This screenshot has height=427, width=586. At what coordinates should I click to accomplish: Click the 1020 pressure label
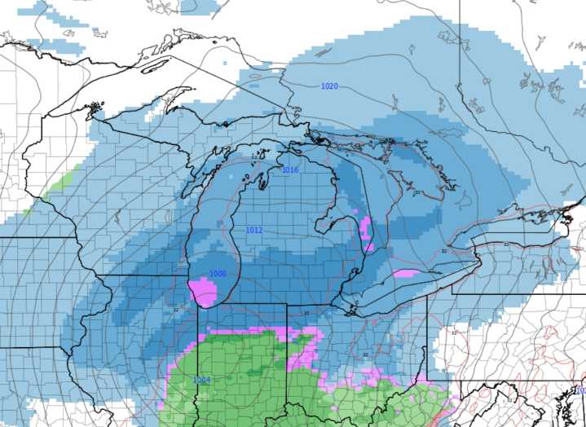point(330,86)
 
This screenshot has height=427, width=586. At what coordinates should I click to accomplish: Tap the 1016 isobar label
point(290,170)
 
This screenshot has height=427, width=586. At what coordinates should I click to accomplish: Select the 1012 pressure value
point(254,231)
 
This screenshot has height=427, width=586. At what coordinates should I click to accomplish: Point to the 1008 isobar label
point(218,275)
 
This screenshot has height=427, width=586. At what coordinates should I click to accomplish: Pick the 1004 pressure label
point(201,381)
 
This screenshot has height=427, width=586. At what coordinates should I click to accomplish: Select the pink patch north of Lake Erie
point(405,273)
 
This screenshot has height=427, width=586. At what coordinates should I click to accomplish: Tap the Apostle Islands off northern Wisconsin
point(97,106)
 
